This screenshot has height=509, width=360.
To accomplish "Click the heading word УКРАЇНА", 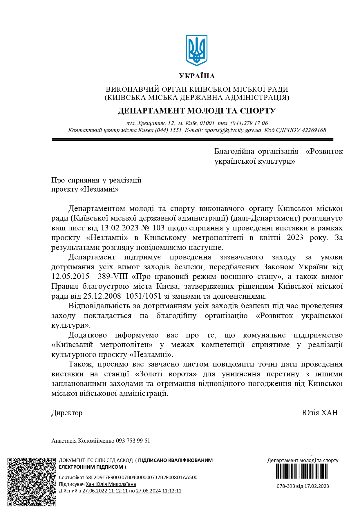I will click(x=197, y=76).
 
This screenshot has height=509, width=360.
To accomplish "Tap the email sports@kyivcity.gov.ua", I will click(x=233, y=130).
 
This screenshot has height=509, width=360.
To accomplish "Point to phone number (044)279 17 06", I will click(x=249, y=123).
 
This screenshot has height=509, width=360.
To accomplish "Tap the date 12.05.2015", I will click(x=70, y=276).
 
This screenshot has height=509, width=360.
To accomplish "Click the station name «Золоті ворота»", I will click(x=166, y=374).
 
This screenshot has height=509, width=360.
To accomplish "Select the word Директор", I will click(x=67, y=413).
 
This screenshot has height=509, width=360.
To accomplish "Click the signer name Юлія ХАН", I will click(x=320, y=413).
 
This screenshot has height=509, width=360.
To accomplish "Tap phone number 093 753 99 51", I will click(x=133, y=441).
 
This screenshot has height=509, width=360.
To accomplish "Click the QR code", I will click(x=31, y=482).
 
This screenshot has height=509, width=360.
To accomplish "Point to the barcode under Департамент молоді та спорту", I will click(x=302, y=471).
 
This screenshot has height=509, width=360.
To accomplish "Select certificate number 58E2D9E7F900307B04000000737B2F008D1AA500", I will click(x=141, y=477).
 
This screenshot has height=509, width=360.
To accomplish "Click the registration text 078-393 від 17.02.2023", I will click(x=303, y=486).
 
